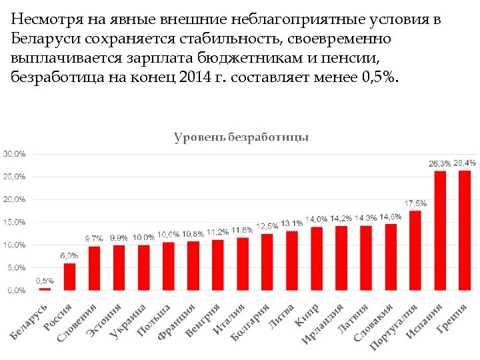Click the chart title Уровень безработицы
click(x=241, y=137)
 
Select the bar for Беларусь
click(x=45, y=289)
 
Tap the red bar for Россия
click(x=69, y=277)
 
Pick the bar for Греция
click(x=465, y=230)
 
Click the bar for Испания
click(x=440, y=230)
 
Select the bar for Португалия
click(x=415, y=250)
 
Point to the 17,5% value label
click(x=415, y=203)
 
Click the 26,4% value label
click(x=465, y=163)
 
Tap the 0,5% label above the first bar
click(x=45, y=281)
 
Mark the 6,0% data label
click(x=69, y=255)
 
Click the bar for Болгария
click(x=267, y=262)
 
